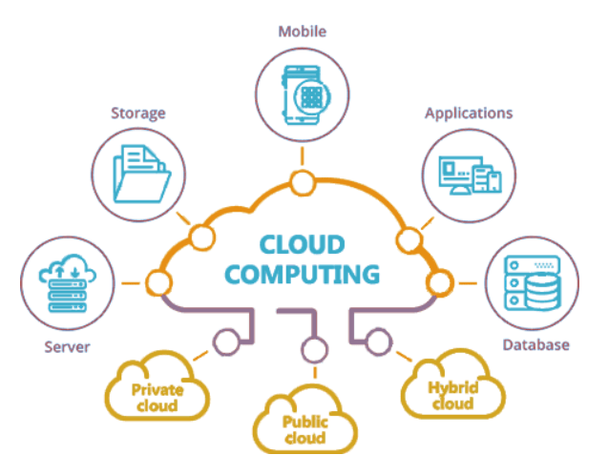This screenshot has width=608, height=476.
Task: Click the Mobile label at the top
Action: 303,31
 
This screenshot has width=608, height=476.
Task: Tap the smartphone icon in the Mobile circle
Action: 305,95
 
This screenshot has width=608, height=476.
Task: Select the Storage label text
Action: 138,114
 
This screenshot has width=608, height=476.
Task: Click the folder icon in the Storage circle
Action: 141,174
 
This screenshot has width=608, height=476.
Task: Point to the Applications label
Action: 469,114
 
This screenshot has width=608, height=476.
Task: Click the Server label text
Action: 67,347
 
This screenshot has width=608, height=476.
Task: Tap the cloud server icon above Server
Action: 68,283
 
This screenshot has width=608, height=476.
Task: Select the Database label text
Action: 535,345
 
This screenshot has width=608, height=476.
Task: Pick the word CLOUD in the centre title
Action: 302,245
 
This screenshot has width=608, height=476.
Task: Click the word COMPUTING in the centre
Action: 302,275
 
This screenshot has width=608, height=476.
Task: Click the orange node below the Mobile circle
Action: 303,182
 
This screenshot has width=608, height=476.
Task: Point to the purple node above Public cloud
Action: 314,350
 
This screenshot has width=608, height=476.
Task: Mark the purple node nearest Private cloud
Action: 227,342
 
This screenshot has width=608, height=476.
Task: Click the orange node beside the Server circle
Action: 158,283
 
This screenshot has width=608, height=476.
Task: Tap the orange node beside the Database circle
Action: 439,283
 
